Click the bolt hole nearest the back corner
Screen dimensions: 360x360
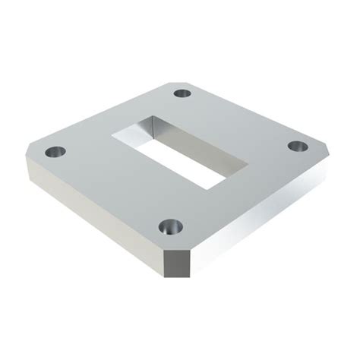183,94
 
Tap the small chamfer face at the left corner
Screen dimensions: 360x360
29,171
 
